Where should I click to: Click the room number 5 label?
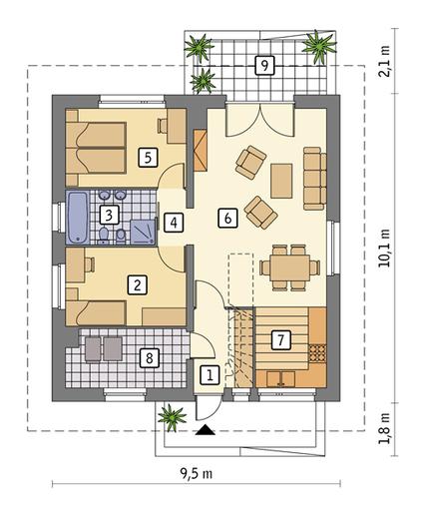pyautogui.click(x=148, y=158)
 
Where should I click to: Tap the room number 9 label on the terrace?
pyautogui.click(x=264, y=65)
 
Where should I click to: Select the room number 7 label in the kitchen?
pyautogui.click(x=281, y=340)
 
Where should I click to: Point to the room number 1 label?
pyautogui.click(x=210, y=375)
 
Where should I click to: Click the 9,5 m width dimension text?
pyautogui.click(x=197, y=474)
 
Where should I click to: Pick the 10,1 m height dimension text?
pyautogui.click(x=385, y=248)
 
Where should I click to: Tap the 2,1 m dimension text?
pyautogui.click(x=385, y=63)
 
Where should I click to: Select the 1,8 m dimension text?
pyautogui.click(x=385, y=429)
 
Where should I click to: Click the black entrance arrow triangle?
pyautogui.click(x=206, y=430)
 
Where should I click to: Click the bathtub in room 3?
pyautogui.click(x=78, y=218)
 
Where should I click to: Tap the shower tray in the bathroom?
pyautogui.click(x=143, y=232)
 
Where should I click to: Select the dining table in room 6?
pyautogui.click(x=290, y=267)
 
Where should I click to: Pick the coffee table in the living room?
pyautogui.click(x=281, y=181)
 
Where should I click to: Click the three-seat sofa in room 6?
pyautogui.click(x=314, y=179)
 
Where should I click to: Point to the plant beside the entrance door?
pyautogui.click(x=172, y=417)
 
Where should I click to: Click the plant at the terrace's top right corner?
pyautogui.click(x=319, y=46)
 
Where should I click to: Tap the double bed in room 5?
pyautogui.click(x=96, y=148)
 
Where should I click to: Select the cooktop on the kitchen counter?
pyautogui.click(x=317, y=353)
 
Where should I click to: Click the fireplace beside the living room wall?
pyautogui.click(x=201, y=151)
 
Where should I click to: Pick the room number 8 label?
pyautogui.click(x=149, y=358)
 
